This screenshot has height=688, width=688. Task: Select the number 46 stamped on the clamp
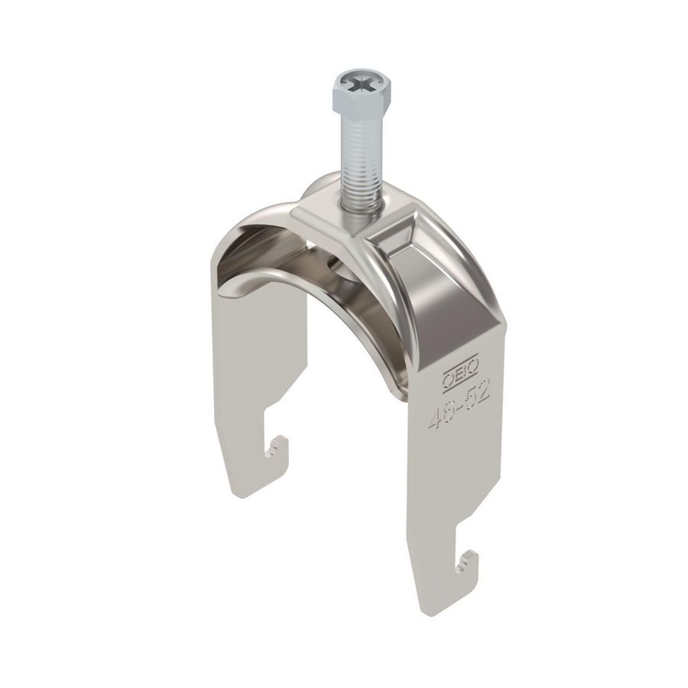[x=437, y=413]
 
